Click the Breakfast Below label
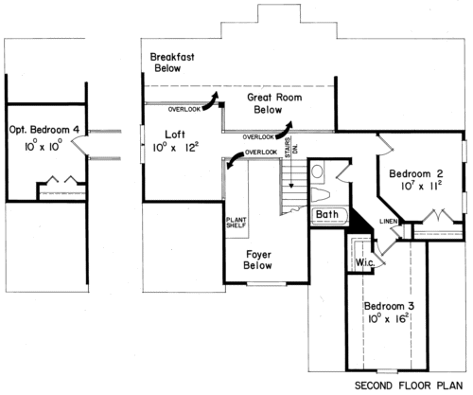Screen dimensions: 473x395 click(x=172, y=63)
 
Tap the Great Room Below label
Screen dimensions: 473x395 click(x=274, y=103)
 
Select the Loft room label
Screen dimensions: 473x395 click(x=175, y=135)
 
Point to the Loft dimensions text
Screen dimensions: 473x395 click(x=176, y=147)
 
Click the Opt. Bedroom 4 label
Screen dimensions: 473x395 click(x=44, y=130)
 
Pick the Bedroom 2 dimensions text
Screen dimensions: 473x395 click(x=421, y=186)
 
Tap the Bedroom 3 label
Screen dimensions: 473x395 click(x=389, y=306)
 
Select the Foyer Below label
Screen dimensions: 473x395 click(x=258, y=260)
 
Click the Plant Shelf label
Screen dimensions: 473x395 click(x=236, y=223)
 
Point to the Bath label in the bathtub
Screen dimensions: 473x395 click(x=327, y=214)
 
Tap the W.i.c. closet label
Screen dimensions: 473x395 click(x=365, y=262)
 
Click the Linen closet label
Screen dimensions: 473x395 click(x=389, y=222)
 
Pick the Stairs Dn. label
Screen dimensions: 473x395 click(x=291, y=147)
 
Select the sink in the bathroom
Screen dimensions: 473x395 click(x=317, y=171)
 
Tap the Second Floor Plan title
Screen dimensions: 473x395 click(x=409, y=386)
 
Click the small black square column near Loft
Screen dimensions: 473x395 click(x=222, y=104)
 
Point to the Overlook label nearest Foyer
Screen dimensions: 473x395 click(x=261, y=153)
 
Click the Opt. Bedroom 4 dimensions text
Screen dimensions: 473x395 click(x=44, y=146)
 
